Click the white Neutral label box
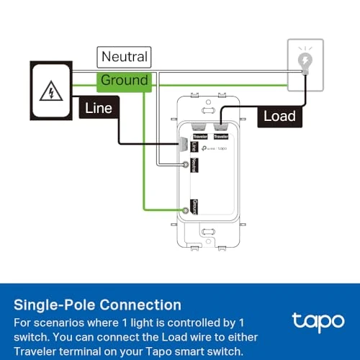124,56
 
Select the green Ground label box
124,80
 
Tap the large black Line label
99,109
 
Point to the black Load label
279,115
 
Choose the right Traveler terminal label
221,135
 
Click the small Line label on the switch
195,146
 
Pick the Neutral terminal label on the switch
195,166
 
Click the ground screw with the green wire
186,210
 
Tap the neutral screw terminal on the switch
187,166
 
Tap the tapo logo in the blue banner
311,320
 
